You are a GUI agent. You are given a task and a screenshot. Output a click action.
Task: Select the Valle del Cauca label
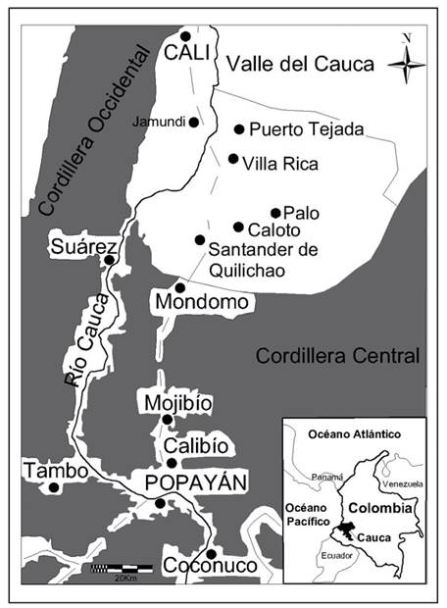(x=300, y=65)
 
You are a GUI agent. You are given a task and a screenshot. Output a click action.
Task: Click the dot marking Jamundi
(x=194, y=123)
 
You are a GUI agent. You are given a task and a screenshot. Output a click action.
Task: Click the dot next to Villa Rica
(x=233, y=158)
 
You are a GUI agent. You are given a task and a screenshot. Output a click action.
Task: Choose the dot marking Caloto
(x=238, y=227)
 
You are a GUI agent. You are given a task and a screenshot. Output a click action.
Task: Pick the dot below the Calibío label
(x=172, y=463)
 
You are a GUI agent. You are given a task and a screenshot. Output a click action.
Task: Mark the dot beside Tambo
(x=55, y=486)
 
